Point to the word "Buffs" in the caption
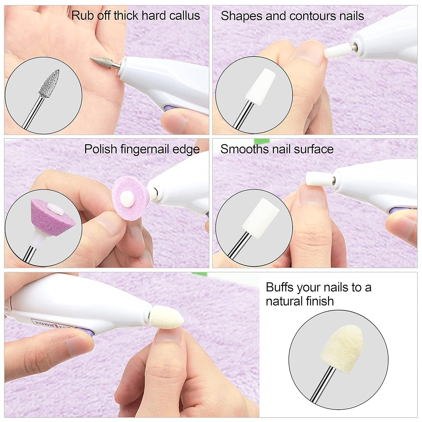click(x=280, y=287)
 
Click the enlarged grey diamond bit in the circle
click(x=50, y=84)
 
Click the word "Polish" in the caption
click(x=100, y=149)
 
